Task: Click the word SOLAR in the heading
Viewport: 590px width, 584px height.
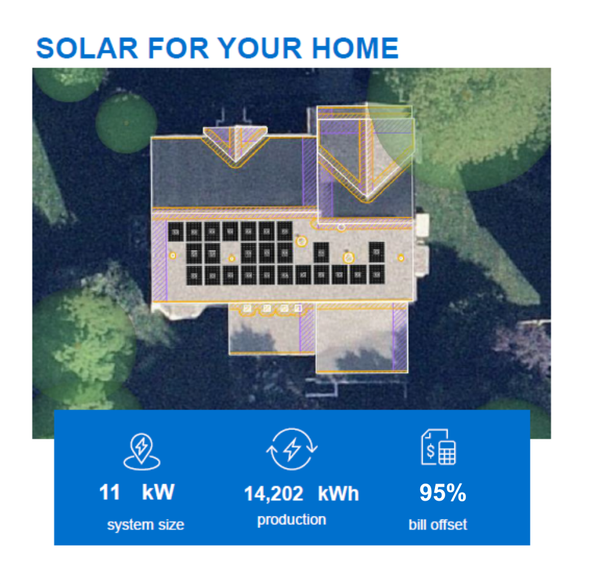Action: coord(88,48)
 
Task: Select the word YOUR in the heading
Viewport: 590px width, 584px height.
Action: coord(260,48)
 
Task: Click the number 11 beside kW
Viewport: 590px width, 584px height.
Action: coord(109,492)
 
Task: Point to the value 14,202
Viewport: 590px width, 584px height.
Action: coord(274,494)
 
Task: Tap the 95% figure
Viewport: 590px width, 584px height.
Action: coord(443,493)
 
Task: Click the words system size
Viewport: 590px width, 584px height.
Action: coord(145,524)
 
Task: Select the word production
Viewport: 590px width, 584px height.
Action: coord(291,520)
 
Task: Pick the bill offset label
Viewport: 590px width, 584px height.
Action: coord(437,524)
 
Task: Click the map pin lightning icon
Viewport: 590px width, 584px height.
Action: coord(142,451)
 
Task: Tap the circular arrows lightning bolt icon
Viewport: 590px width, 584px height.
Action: coord(291,449)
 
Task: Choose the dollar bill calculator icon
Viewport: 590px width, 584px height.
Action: coord(439,447)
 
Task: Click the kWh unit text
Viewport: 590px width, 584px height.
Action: coord(338,494)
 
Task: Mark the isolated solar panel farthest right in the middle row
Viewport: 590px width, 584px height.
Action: coord(377,252)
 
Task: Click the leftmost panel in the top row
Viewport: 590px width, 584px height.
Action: coord(176,232)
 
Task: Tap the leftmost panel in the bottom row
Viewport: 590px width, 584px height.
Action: coord(194,275)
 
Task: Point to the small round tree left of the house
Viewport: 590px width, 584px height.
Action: coord(126,123)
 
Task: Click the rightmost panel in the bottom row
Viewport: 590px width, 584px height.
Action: coord(377,275)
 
